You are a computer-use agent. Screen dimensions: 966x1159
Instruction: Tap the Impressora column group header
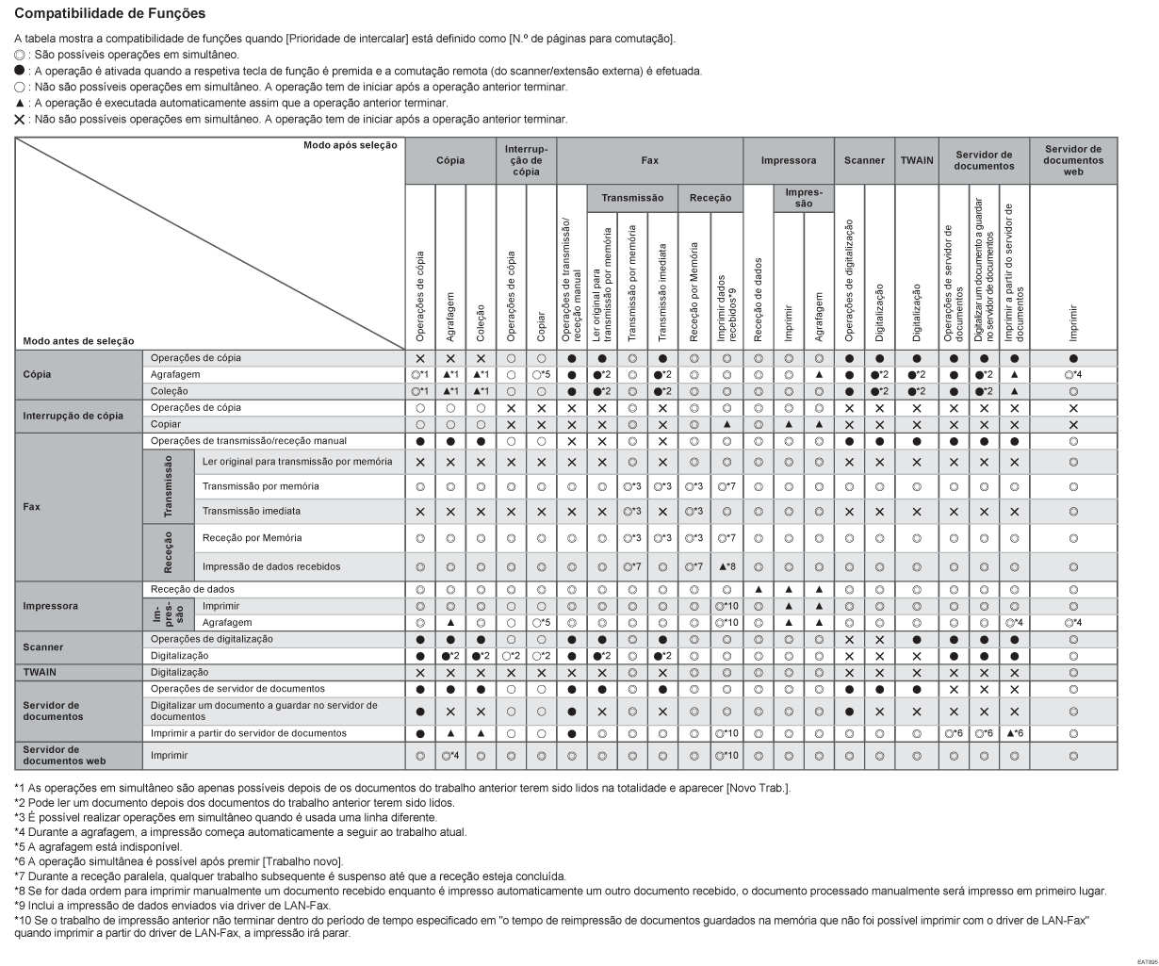click(788, 160)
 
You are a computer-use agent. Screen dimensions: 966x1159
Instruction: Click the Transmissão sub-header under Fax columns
click(633, 199)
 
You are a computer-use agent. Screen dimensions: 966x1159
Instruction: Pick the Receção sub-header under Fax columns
click(710, 199)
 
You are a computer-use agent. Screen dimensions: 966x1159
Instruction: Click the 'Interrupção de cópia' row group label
click(71, 415)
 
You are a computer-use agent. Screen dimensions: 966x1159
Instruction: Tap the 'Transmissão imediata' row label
click(252, 512)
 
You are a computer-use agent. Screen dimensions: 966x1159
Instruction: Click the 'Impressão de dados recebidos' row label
click(271, 566)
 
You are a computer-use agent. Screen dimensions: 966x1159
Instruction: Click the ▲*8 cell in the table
click(726, 566)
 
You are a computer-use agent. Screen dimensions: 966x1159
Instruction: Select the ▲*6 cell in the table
click(1014, 732)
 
